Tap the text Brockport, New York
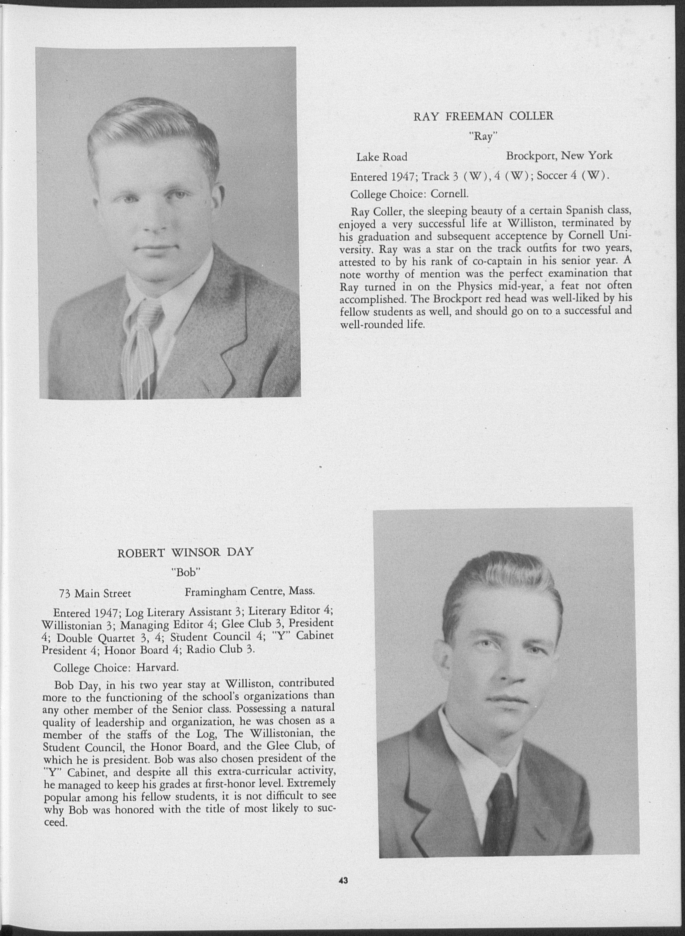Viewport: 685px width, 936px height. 559,156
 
